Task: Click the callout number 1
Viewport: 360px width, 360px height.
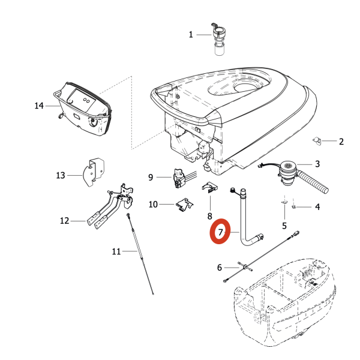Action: coord(191,35)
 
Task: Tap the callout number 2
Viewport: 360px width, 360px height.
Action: coord(341,142)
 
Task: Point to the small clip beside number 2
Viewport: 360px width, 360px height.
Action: coord(318,142)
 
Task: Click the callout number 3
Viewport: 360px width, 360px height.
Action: coord(317,163)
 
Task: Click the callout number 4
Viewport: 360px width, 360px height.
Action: coord(317,208)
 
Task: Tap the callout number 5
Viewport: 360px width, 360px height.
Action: coord(284,226)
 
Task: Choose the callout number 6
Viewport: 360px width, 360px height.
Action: coord(220,268)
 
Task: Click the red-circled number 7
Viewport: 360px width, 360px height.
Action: coord(220,231)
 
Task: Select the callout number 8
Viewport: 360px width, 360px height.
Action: coord(209,215)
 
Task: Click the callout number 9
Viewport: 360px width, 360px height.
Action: coord(151,177)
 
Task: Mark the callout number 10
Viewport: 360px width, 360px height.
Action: coord(153,205)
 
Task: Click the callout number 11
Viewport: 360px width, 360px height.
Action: coord(116,251)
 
